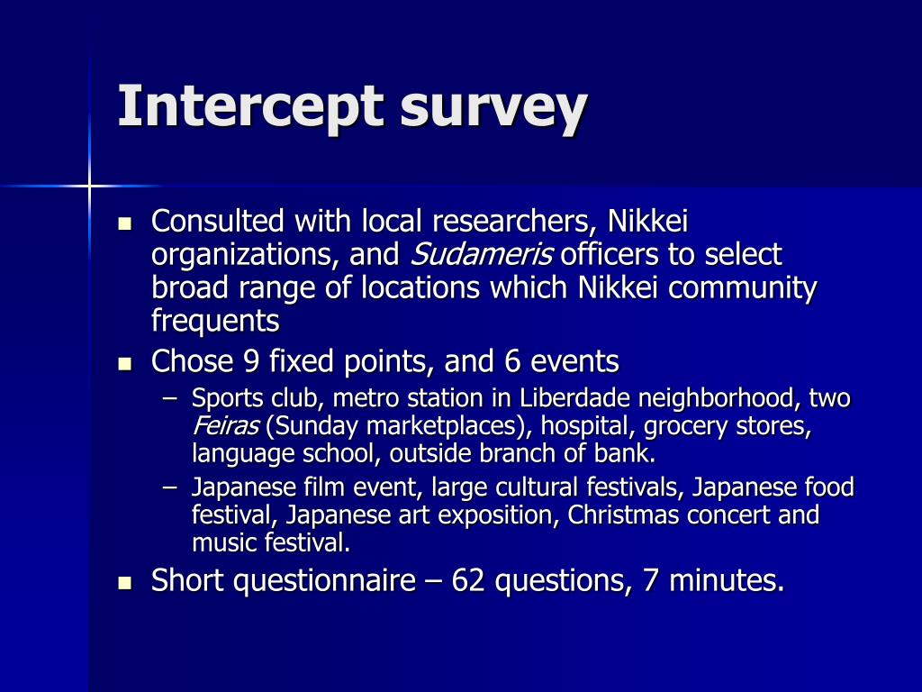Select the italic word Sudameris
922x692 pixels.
coord(482,255)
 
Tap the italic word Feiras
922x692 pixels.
coord(225,426)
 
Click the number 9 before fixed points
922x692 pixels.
coord(251,362)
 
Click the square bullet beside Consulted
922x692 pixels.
coord(125,222)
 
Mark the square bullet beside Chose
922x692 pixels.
coord(125,364)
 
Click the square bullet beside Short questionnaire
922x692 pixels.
coord(125,583)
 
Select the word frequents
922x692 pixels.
coord(215,322)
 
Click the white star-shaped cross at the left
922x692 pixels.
coord(89,186)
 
